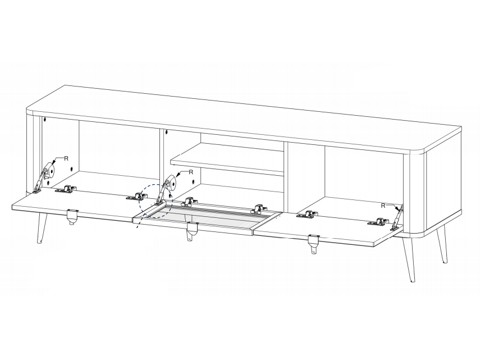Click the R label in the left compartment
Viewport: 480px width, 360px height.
click(x=66, y=158)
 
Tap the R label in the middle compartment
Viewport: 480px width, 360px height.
click(x=191, y=172)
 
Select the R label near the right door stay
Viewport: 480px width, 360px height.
click(x=383, y=206)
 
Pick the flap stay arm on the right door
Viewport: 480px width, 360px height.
click(x=397, y=217)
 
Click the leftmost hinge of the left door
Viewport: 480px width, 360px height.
click(x=65, y=189)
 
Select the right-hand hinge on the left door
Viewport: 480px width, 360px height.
click(x=136, y=197)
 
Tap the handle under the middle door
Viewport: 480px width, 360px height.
click(x=192, y=231)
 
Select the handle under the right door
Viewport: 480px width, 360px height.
click(x=314, y=243)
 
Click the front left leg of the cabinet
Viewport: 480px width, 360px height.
click(x=42, y=229)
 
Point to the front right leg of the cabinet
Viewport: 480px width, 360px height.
click(x=408, y=259)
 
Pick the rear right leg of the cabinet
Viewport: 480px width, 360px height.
click(x=442, y=245)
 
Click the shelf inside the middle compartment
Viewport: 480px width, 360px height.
click(x=227, y=159)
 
